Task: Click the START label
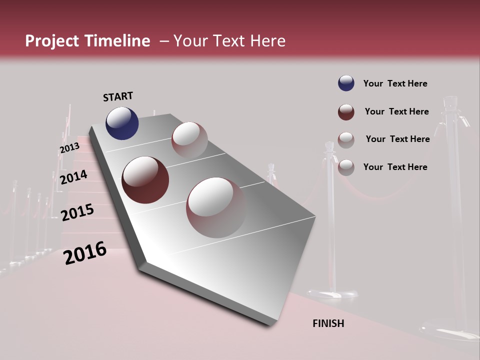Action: pos(118,96)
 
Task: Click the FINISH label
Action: pos(328,323)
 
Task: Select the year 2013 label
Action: pos(69,148)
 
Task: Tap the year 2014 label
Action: pos(73,177)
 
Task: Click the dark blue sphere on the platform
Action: pos(122,123)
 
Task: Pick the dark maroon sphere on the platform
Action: pos(145,180)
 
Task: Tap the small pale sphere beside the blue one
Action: pos(189,139)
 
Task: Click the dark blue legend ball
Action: pos(346,83)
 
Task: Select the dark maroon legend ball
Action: pos(346,112)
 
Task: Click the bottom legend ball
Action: pos(346,167)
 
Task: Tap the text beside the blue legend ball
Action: pos(395,83)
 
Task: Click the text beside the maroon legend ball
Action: pos(396,111)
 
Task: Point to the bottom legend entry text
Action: pos(395,167)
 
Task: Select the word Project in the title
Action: pos(52,41)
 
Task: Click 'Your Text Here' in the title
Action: pos(229,41)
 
